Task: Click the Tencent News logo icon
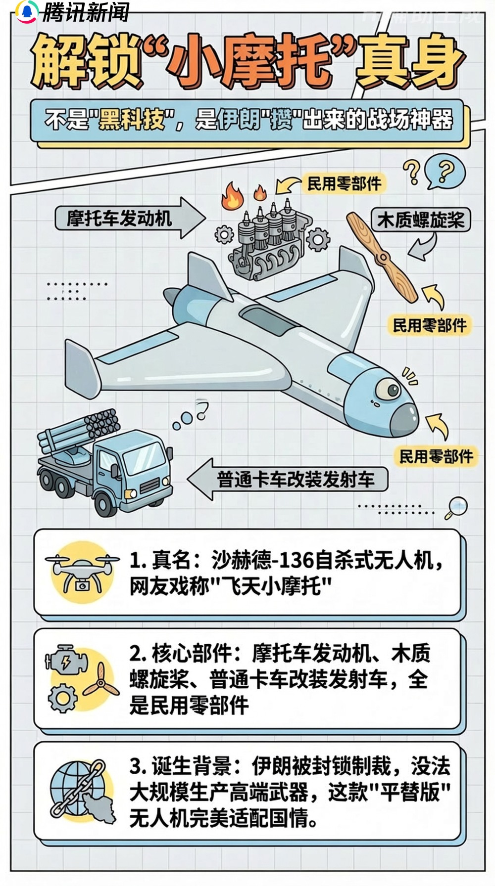(26, 11)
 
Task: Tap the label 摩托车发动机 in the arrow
(119, 218)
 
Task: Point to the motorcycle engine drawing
(267, 242)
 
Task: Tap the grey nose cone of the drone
(404, 420)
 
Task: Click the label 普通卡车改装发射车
(296, 479)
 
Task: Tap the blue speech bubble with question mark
(445, 172)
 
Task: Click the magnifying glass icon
(456, 507)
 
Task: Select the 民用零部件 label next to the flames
(344, 184)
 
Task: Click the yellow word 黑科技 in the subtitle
(131, 120)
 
